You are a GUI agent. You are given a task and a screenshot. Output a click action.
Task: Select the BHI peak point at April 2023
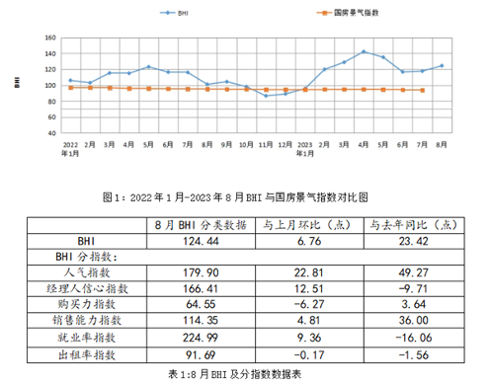(364, 51)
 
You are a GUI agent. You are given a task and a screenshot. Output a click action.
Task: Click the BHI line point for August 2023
(441, 65)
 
